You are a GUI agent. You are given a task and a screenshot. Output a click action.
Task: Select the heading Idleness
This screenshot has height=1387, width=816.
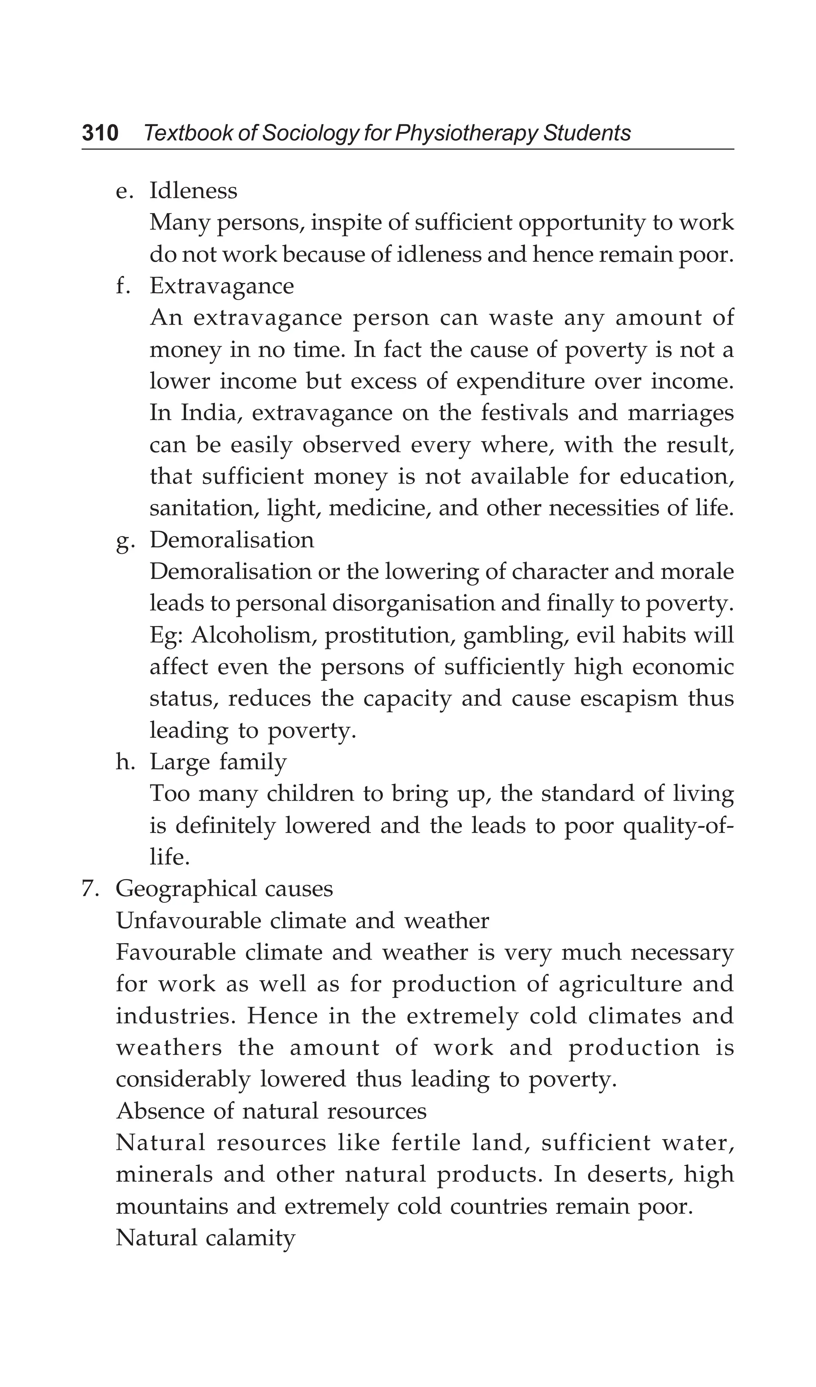(x=193, y=191)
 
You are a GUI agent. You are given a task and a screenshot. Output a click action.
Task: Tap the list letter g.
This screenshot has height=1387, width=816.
(x=123, y=541)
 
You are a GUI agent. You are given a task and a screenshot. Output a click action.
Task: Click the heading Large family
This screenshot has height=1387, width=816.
(x=218, y=762)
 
